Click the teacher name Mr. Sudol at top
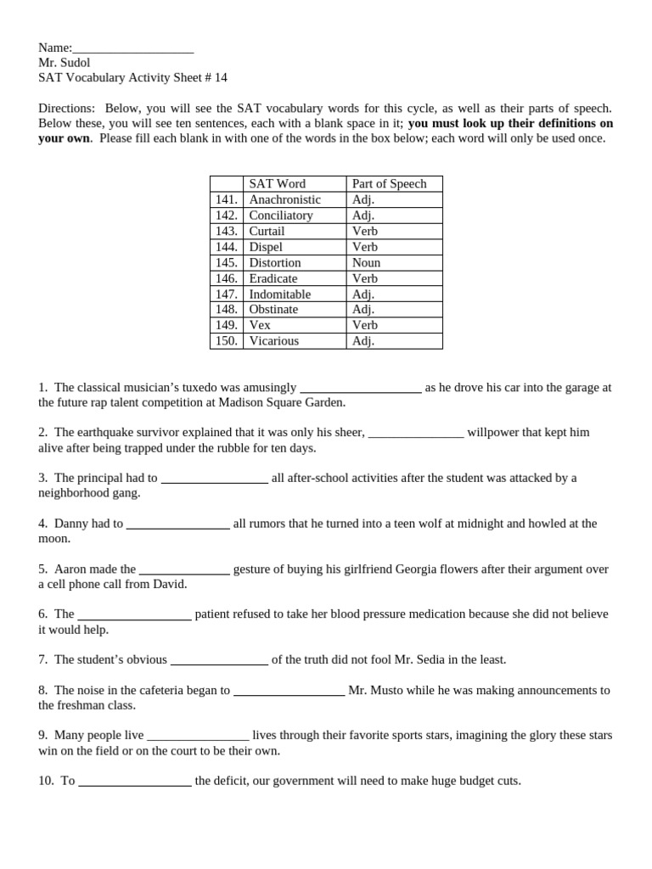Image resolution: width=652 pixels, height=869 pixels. (64, 63)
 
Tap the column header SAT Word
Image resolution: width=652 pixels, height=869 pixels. (277, 183)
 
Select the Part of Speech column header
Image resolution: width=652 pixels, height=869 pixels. (389, 183)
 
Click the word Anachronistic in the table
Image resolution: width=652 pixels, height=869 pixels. (284, 199)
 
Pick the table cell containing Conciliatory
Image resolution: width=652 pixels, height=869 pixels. (281, 216)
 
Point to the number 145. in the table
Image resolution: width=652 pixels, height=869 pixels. (226, 263)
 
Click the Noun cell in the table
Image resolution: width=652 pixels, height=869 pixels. (366, 263)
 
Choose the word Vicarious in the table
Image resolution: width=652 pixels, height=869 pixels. (273, 341)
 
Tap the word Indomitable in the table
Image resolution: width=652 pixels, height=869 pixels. (279, 294)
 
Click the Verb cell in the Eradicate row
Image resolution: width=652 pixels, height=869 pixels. (365, 278)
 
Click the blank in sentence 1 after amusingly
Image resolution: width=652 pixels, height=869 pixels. (361, 388)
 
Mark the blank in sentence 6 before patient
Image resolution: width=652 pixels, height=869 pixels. (134, 614)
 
